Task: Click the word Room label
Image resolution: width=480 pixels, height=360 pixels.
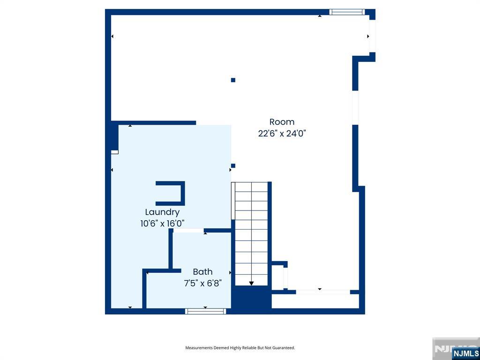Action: (282, 122)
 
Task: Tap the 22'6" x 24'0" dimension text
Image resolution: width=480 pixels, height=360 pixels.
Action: (282, 134)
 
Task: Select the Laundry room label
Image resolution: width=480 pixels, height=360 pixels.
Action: (162, 212)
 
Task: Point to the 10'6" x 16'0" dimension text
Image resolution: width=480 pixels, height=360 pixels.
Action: (162, 224)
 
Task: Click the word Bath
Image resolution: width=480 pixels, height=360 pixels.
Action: (202, 271)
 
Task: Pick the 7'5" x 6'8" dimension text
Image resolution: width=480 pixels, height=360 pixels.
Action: (202, 283)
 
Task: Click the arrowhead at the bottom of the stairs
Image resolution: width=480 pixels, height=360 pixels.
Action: (251, 284)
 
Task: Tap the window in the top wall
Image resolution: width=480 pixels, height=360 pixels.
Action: (347, 12)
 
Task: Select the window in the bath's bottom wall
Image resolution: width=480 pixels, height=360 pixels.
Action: (206, 311)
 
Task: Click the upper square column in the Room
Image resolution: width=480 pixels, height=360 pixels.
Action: (233, 80)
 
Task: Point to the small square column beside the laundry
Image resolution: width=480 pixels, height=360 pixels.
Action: (233, 165)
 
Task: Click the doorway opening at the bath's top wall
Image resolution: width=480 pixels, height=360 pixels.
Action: (188, 231)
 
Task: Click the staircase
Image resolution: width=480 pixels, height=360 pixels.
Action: (251, 234)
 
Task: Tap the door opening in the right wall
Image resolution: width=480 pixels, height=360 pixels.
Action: (355, 107)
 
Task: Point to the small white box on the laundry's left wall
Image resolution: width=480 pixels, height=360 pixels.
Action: (114, 152)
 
